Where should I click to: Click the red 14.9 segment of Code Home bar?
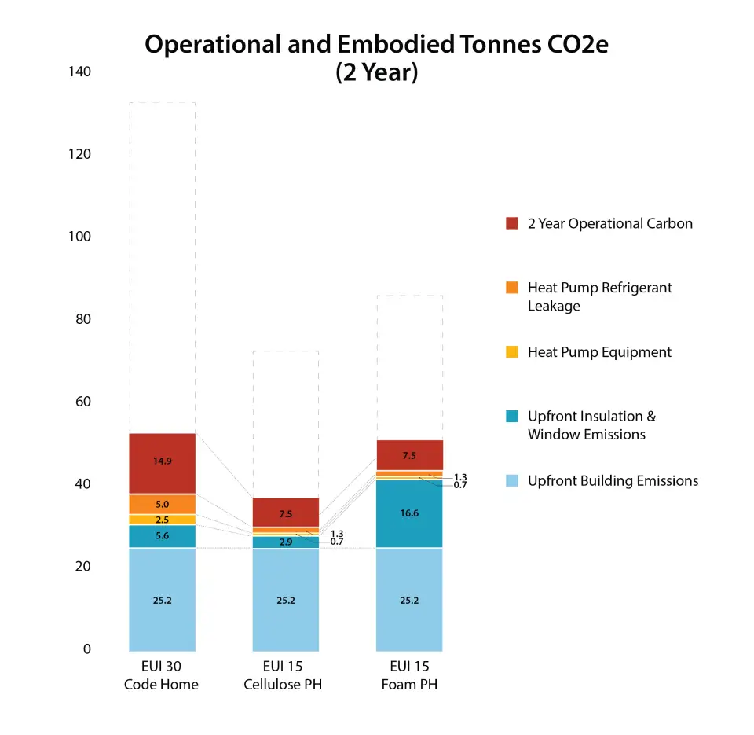(x=162, y=463)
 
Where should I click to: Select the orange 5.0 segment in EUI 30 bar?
(x=162, y=504)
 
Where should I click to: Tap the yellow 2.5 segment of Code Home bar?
(x=162, y=520)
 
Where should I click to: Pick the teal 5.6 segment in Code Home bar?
(x=162, y=536)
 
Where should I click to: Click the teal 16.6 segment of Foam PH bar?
(x=409, y=513)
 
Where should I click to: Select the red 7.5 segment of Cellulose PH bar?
(x=286, y=513)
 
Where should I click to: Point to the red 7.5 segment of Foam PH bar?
(x=409, y=455)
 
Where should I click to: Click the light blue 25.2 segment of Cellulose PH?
(x=286, y=600)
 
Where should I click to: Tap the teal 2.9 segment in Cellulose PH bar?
(x=286, y=542)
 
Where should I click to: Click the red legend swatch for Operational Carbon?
(x=512, y=223)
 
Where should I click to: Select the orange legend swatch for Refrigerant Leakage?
(x=512, y=288)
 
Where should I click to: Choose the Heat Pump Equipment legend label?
(x=599, y=352)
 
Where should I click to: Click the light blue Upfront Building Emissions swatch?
(x=512, y=481)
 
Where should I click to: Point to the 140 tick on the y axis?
(x=79, y=72)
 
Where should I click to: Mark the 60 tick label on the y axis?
(x=82, y=402)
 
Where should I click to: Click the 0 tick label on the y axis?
(x=86, y=649)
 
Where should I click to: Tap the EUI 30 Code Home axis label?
(x=161, y=675)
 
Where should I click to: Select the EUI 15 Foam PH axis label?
(x=409, y=675)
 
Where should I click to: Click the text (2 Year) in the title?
(x=376, y=72)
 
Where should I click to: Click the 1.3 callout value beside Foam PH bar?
(x=460, y=477)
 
